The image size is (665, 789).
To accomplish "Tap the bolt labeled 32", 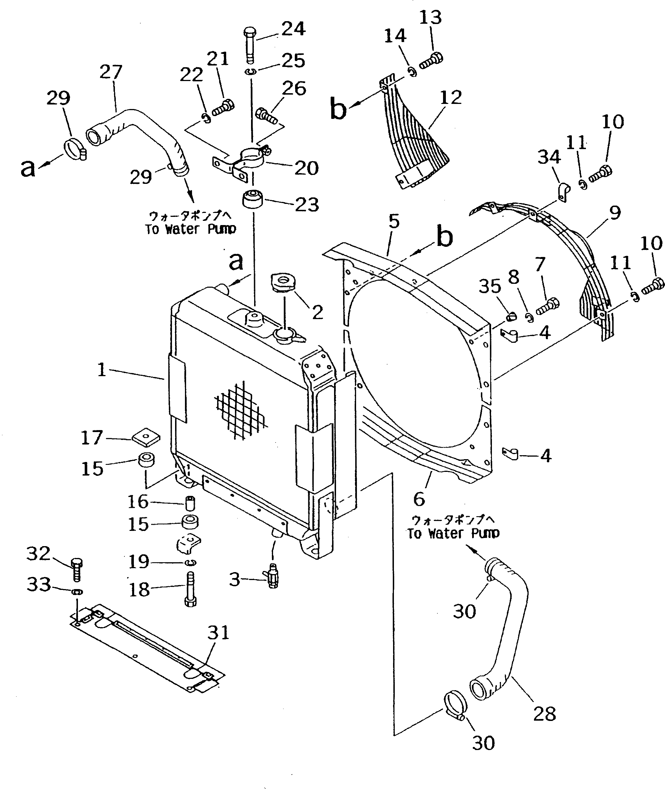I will point(77,570).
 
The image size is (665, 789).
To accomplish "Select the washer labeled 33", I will point(77,591).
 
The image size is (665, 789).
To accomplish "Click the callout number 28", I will point(544,714).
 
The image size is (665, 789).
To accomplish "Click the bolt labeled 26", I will point(267,115).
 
